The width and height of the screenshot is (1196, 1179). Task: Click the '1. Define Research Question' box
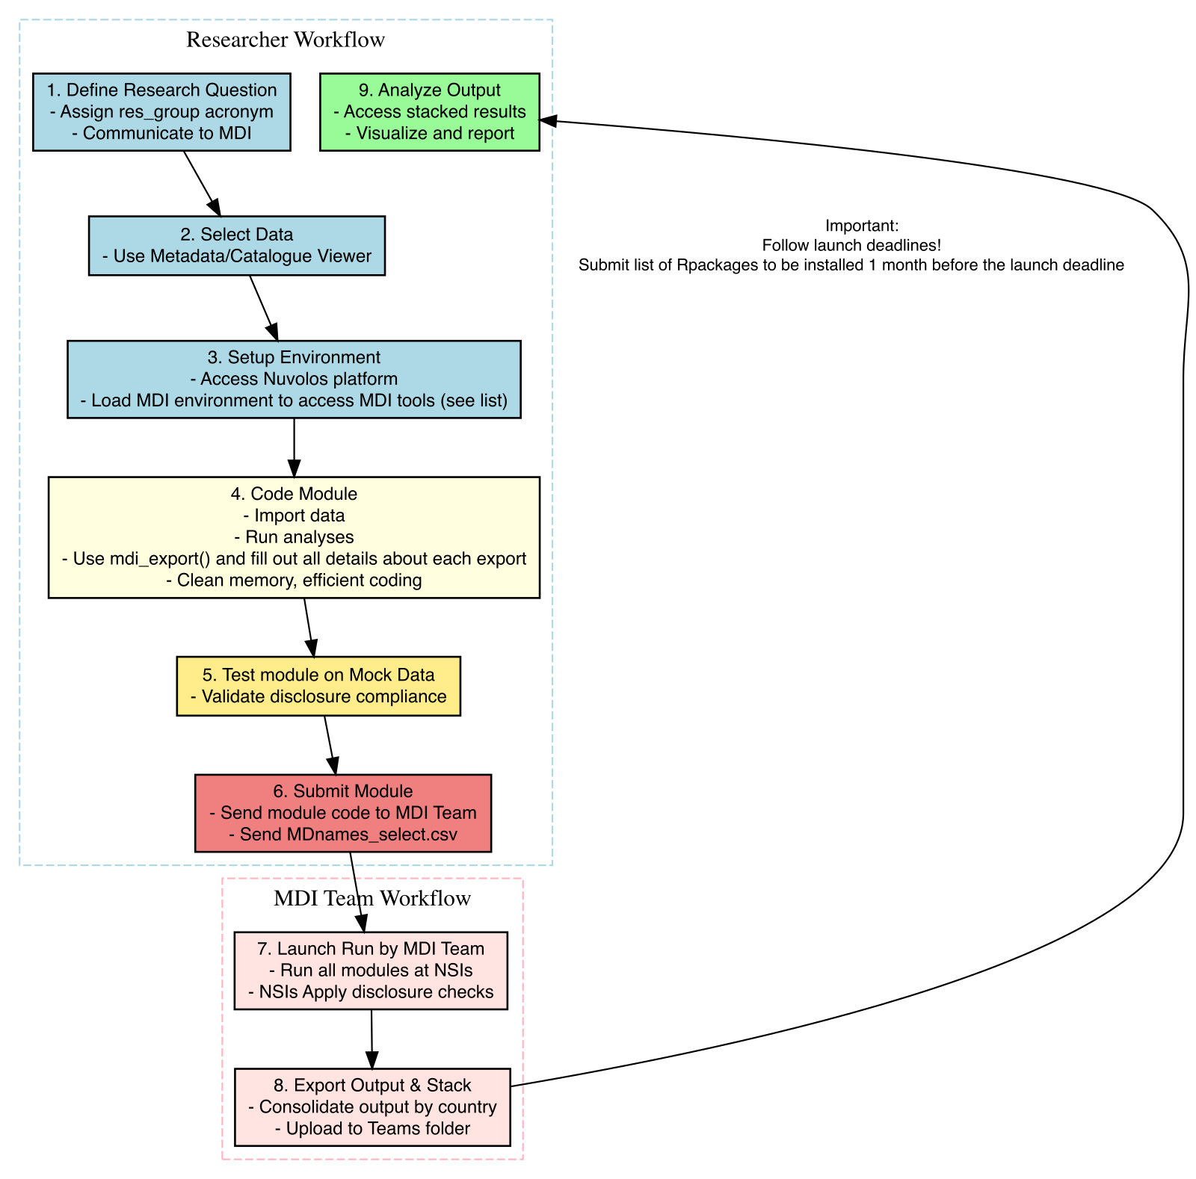(x=161, y=111)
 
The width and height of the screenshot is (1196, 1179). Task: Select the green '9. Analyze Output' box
(x=429, y=111)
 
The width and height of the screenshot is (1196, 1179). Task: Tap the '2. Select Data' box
(x=236, y=246)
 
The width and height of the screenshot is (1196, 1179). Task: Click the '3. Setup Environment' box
(x=294, y=379)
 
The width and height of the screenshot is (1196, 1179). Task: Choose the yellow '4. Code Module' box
(x=294, y=536)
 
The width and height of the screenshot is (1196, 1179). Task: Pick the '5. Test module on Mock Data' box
(x=318, y=686)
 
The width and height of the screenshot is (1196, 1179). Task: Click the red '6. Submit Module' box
(x=342, y=812)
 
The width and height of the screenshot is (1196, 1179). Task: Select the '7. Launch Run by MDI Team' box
(x=371, y=970)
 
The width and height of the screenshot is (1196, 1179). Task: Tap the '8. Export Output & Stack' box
(x=372, y=1107)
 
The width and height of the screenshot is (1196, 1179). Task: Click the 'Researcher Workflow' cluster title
(x=286, y=40)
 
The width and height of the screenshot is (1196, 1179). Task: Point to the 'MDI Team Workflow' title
(x=372, y=898)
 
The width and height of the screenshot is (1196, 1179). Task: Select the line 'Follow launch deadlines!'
(x=851, y=245)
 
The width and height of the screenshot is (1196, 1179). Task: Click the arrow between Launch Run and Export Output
(x=372, y=1039)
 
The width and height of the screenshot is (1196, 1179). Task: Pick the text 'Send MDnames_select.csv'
(x=342, y=835)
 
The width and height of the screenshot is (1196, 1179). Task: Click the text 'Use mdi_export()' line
(x=294, y=559)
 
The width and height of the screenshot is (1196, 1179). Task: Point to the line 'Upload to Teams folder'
(x=372, y=1128)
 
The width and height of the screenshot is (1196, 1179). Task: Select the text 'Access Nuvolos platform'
(x=294, y=379)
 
